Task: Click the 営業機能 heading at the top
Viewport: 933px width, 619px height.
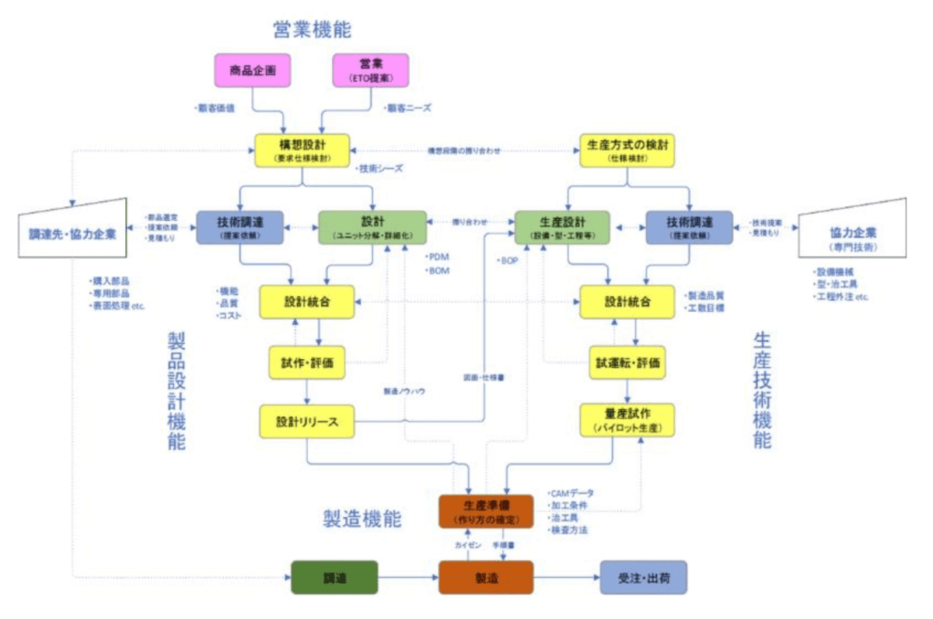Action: point(312,30)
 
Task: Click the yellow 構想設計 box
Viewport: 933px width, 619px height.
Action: point(302,150)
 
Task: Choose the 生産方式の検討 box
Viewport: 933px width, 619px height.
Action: point(627,150)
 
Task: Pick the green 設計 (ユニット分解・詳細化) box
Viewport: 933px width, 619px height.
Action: point(372,227)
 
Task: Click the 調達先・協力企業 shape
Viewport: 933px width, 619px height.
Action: point(72,230)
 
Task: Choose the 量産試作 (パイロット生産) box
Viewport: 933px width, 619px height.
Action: point(627,421)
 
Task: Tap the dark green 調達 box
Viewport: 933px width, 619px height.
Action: point(334,578)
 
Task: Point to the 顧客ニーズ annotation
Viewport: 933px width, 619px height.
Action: point(409,108)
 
